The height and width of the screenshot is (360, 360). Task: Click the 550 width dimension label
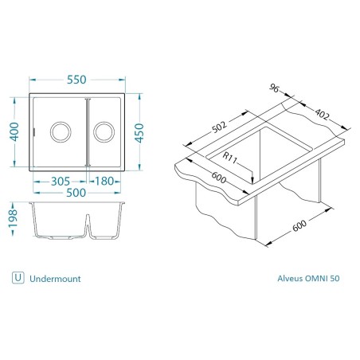coord(76,80)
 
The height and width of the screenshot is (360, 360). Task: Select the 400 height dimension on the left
coord(14,131)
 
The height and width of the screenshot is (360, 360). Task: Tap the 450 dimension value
coord(139,133)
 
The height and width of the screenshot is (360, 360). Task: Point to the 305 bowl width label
coord(61,182)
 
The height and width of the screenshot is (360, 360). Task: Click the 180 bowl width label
coord(104,182)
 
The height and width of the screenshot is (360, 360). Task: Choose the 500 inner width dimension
coord(76,193)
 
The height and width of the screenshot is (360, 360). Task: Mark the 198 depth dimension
coord(13,219)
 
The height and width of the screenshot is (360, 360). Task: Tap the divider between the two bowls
coord(88,132)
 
